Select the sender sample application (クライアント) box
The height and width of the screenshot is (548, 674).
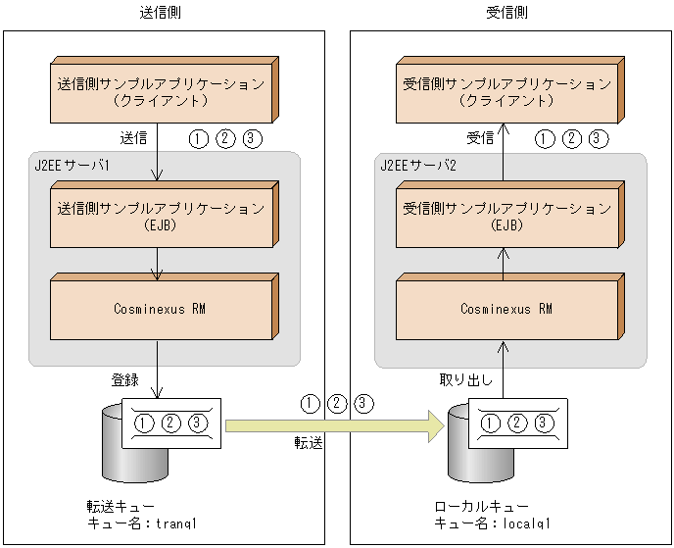[x=157, y=92]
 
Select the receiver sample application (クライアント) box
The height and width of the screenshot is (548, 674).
[x=503, y=92]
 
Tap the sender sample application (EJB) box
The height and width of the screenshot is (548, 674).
[x=157, y=217]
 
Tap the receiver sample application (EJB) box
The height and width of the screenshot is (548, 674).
[x=503, y=217]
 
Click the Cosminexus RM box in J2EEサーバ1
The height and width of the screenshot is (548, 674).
[x=157, y=309]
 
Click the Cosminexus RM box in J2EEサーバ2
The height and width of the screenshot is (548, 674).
[x=503, y=309]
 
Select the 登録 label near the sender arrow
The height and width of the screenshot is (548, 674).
[x=126, y=378]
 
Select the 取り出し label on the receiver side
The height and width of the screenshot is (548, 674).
[x=465, y=378]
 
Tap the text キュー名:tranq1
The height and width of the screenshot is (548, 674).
[x=143, y=524]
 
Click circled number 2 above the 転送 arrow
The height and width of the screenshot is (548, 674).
[x=337, y=403]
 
